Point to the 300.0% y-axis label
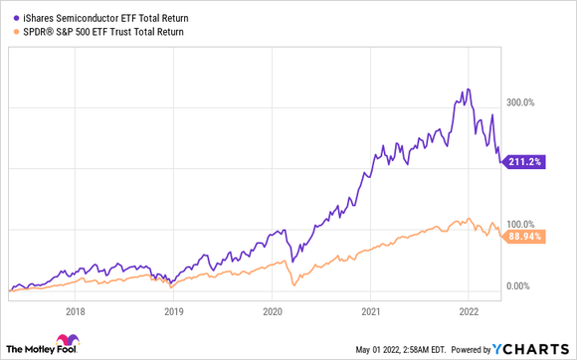(x=523, y=101)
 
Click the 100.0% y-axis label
(x=523, y=224)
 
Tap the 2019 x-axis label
(x=174, y=310)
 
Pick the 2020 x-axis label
(x=272, y=310)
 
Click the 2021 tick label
(x=369, y=310)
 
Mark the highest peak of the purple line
(x=467, y=90)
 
